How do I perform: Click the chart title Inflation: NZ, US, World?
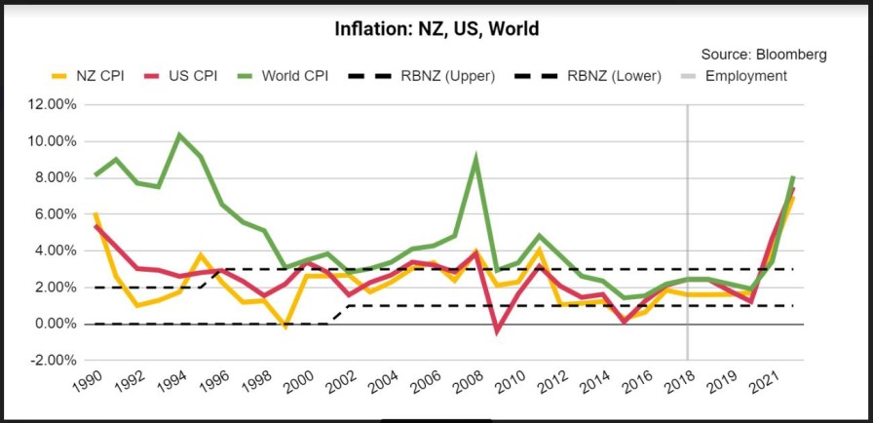click(436, 28)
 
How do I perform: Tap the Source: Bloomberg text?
click(764, 55)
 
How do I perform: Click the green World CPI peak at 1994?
click(179, 135)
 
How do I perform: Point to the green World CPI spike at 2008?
click(475, 158)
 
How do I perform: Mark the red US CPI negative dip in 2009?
click(496, 331)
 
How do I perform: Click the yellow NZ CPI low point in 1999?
click(285, 327)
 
